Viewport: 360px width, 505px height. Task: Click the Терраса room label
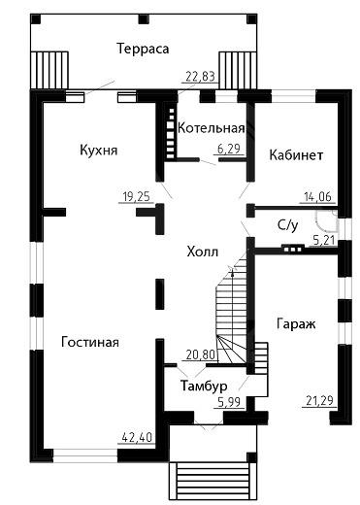(143, 49)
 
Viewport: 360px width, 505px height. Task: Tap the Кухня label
(99, 151)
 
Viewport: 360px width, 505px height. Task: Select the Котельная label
(211, 128)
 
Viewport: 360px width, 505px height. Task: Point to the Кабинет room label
(296, 155)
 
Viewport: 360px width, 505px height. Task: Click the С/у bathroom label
(287, 225)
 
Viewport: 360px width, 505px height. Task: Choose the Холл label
(203, 252)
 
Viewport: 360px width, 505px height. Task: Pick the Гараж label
(296, 323)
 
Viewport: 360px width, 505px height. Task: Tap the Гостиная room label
(90, 342)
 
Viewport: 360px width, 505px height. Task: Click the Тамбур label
(204, 386)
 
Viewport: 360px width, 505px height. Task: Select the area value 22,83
(201, 77)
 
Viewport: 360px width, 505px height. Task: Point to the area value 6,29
(229, 149)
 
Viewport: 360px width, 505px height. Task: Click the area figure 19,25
(137, 196)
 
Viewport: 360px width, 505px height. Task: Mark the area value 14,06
(317, 196)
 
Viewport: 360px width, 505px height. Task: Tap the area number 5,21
(324, 241)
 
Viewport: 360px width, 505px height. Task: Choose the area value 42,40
(137, 437)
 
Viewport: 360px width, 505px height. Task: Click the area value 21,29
(319, 401)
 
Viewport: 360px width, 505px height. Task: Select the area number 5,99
(229, 402)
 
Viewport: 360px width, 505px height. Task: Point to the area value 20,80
(201, 355)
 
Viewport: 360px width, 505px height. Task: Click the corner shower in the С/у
(327, 221)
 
